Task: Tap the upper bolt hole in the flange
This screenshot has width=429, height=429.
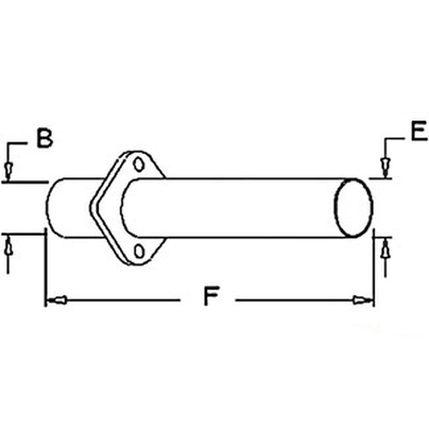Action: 138,164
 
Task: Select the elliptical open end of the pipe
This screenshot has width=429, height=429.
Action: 353,208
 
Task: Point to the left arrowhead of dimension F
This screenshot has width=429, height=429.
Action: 57,299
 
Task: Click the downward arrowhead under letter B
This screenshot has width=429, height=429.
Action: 8,170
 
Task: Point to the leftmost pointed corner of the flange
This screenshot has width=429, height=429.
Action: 91,206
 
